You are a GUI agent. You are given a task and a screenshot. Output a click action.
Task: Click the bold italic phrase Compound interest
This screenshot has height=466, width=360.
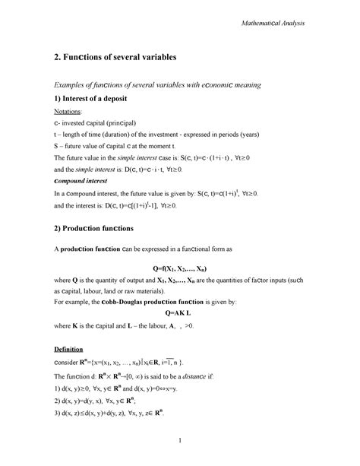[x=83, y=182]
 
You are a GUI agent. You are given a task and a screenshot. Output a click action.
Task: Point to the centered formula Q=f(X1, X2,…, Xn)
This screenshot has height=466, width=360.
[x=180, y=268]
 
